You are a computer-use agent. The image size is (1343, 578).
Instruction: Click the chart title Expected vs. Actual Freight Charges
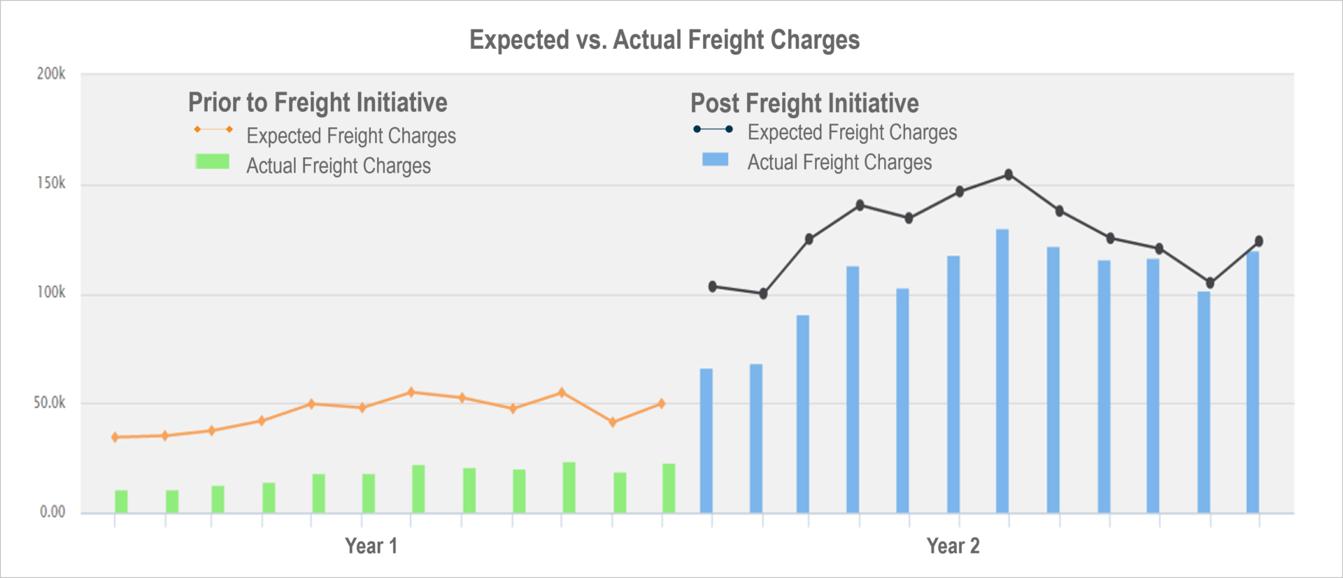click(665, 40)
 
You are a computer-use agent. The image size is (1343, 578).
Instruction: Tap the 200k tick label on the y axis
click(51, 73)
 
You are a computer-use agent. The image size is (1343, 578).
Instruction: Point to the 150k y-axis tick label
click(51, 183)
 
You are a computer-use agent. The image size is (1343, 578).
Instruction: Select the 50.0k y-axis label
click(49, 403)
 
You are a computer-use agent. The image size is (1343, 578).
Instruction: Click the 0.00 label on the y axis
click(52, 512)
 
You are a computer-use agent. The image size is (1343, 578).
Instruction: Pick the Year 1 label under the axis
click(371, 546)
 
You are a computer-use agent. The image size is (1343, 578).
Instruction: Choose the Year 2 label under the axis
click(953, 546)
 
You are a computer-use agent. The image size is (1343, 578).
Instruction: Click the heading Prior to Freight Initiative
click(318, 103)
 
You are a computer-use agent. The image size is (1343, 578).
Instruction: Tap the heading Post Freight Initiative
click(804, 103)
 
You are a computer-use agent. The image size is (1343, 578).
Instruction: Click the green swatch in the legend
click(213, 161)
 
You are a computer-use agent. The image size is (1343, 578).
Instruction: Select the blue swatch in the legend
click(715, 159)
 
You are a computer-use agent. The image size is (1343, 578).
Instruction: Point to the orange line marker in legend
click(213, 129)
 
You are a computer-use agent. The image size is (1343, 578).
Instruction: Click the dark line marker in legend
click(713, 129)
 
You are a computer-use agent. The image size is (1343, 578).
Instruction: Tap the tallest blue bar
click(1002, 370)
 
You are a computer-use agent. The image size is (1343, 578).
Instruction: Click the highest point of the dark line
click(1009, 174)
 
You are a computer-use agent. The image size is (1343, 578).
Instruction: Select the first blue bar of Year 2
click(706, 440)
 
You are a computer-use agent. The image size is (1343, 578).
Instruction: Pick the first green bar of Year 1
click(121, 501)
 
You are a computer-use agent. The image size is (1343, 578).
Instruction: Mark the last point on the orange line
click(662, 403)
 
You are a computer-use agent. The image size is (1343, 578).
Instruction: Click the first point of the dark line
click(713, 287)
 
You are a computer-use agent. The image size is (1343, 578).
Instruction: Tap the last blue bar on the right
click(1253, 382)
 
